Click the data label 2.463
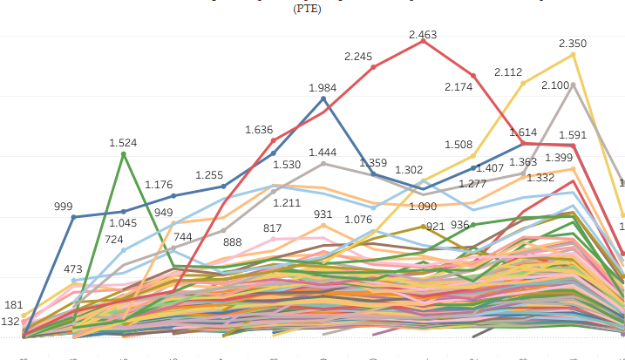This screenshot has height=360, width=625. click(423, 35)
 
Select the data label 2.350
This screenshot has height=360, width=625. click(573, 43)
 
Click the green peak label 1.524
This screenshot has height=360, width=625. click(123, 142)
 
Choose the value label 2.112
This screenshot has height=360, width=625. click(509, 72)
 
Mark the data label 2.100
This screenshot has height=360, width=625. click(555, 85)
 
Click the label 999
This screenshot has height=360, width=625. click(63, 207)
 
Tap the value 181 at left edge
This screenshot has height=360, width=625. click(13, 305)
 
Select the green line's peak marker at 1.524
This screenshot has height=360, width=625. click(124, 153)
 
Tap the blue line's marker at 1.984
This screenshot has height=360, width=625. click(323, 98)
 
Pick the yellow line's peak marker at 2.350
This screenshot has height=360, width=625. click(573, 54)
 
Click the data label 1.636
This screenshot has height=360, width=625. click(259, 130)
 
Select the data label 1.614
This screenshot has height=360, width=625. click(524, 132)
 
